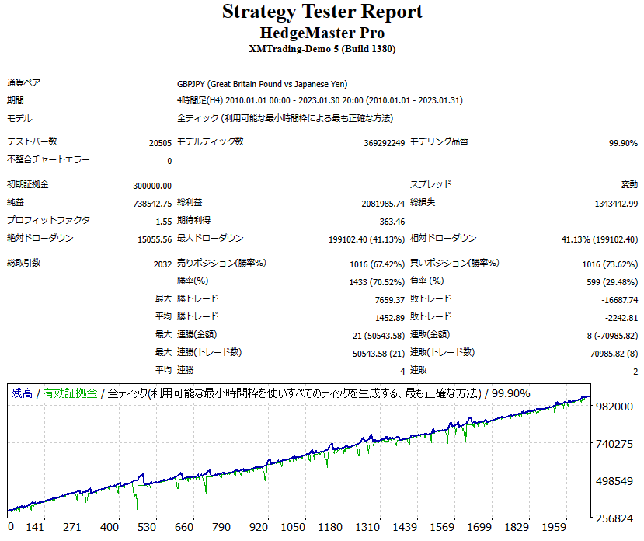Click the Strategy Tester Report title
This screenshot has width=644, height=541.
pyautogui.click(x=322, y=12)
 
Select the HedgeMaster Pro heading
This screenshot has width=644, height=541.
pyautogui.click(x=322, y=33)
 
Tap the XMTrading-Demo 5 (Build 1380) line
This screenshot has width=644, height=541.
pyautogui.click(x=322, y=48)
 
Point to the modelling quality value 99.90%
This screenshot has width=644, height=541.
pyautogui.click(x=623, y=143)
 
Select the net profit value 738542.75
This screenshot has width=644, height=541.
pyautogui.click(x=152, y=203)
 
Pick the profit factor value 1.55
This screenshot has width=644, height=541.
pyautogui.click(x=163, y=221)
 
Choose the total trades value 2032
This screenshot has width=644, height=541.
pyautogui.click(x=162, y=264)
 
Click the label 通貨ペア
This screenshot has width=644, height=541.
pyautogui.click(x=26, y=83)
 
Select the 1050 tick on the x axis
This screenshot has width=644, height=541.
pyautogui.click(x=294, y=528)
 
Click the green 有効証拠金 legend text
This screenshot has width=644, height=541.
pyautogui.click(x=71, y=393)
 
